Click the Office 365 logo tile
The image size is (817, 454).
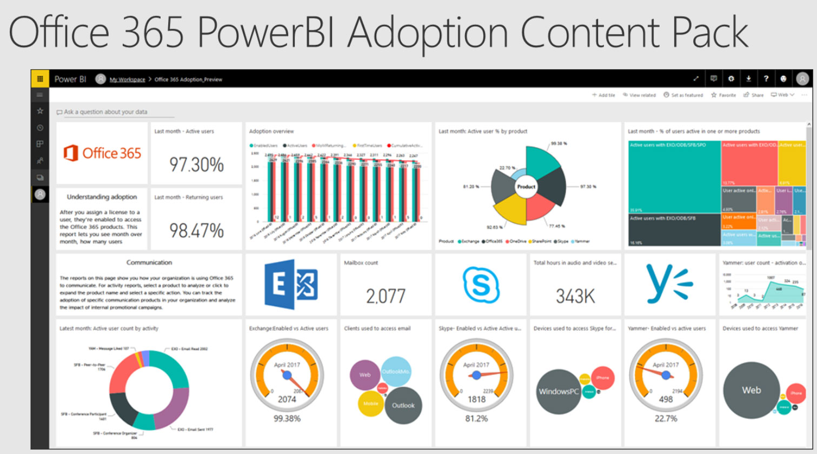click(x=102, y=153)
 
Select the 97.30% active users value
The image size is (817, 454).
click(x=196, y=165)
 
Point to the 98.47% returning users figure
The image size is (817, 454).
click(x=196, y=231)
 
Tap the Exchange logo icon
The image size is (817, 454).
click(x=291, y=284)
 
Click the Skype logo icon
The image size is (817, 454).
click(x=481, y=284)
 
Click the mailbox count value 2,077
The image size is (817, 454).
click(x=386, y=296)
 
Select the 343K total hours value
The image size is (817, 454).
click(x=575, y=296)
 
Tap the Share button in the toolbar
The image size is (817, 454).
click(x=754, y=95)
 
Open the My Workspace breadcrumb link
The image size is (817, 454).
click(x=127, y=80)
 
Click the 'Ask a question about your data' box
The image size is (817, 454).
click(x=114, y=112)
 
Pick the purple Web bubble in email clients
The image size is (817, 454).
click(x=365, y=374)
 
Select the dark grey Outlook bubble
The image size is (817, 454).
click(x=403, y=405)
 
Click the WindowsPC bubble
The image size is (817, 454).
click(x=559, y=391)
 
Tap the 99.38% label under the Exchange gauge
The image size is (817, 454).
click(x=287, y=418)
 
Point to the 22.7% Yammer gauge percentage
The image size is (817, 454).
click(x=666, y=418)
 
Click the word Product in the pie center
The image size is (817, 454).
click(x=526, y=187)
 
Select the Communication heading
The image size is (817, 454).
click(x=149, y=262)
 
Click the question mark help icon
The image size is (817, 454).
click(x=766, y=79)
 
